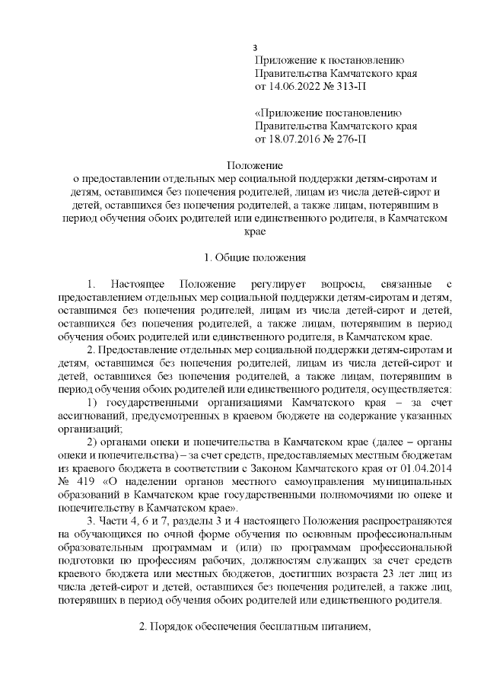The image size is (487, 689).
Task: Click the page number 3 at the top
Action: [x=256, y=48]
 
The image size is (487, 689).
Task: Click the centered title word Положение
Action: [x=255, y=165]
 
